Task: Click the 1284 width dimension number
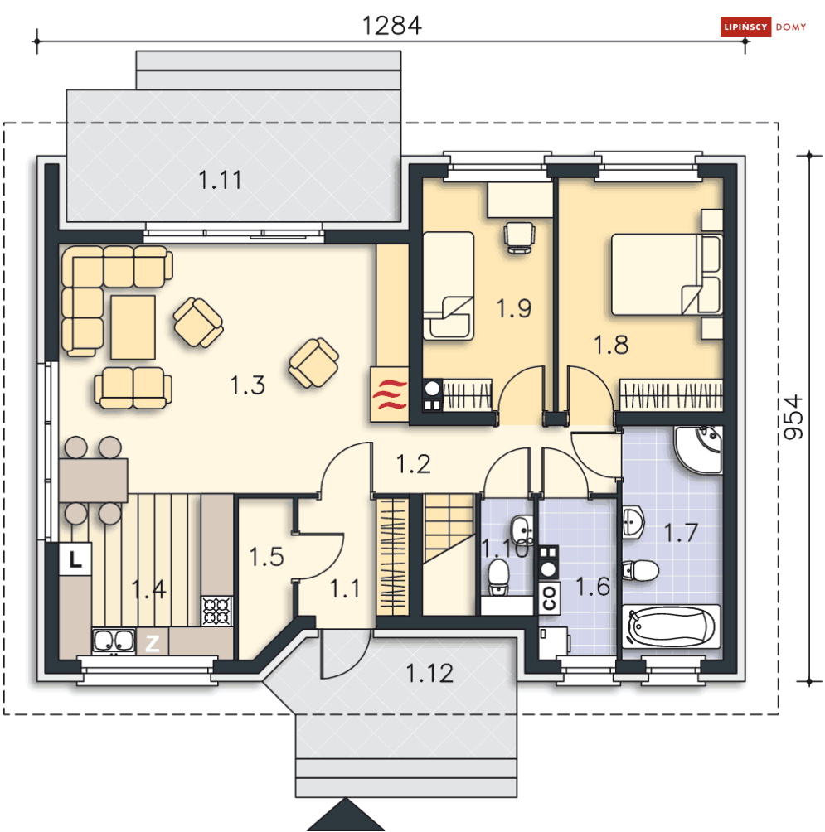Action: [392, 26]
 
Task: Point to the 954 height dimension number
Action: [793, 417]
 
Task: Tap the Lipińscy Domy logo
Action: [764, 27]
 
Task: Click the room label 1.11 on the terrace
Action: [221, 180]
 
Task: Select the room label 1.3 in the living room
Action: [247, 385]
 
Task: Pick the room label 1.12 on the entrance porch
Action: [429, 674]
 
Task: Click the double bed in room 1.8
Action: [667, 274]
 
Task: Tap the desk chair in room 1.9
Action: [519, 237]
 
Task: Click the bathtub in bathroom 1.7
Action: [672, 626]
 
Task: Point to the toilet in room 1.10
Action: [498, 578]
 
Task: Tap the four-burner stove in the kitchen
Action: [216, 611]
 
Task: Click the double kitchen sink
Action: [114, 641]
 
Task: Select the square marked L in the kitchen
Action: [75, 559]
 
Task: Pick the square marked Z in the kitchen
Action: [153, 643]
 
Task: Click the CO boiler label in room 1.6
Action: [550, 598]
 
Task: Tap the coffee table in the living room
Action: [133, 327]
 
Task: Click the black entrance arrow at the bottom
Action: [346, 815]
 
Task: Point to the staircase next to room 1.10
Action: [449, 554]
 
